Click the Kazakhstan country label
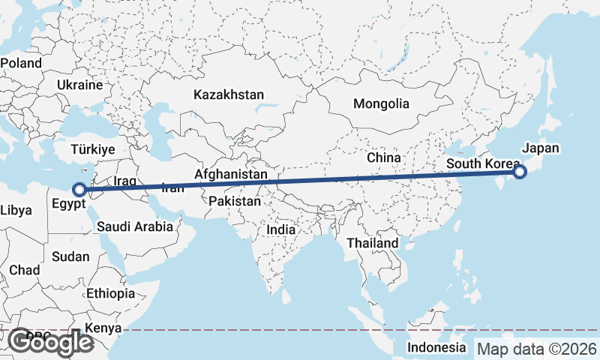point(229,95)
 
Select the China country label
point(384,158)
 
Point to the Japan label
point(540,148)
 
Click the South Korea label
point(481,163)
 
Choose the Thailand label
point(372,244)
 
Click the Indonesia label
point(436,347)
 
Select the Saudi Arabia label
point(134,225)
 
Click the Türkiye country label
point(93,150)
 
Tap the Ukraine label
point(79,85)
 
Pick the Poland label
point(21,64)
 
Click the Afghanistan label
point(230,174)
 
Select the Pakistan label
point(235,201)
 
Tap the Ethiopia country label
point(110,293)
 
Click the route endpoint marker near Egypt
point(79,190)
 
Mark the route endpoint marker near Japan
point(519,172)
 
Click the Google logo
point(50,343)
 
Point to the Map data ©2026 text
point(537,349)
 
